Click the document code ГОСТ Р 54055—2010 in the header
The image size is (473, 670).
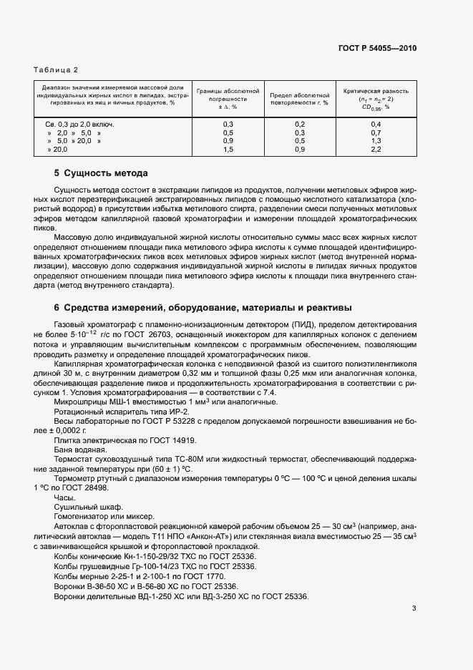coord(376,49)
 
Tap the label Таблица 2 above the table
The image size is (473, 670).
coord(56,69)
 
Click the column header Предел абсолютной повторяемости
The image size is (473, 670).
coord(300,99)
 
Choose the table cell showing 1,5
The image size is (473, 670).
coord(228,150)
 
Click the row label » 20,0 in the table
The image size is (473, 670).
coord(57,150)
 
